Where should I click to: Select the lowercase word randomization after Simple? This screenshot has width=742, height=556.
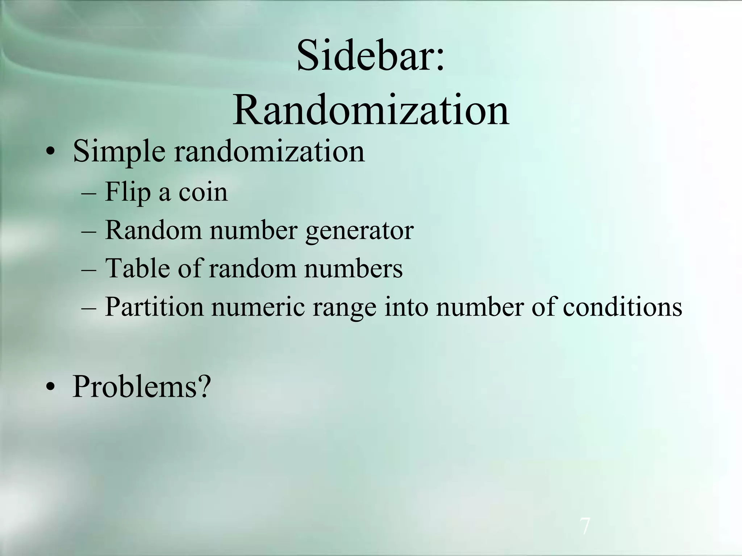269,151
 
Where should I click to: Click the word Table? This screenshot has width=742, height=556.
137,269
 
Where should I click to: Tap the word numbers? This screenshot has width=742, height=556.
353,269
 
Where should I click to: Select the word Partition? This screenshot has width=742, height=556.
154,307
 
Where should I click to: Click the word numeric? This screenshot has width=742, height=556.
258,307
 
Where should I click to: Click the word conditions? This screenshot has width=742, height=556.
622,307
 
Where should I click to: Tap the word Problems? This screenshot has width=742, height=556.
141,387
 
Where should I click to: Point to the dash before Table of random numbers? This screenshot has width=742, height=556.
89,270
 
